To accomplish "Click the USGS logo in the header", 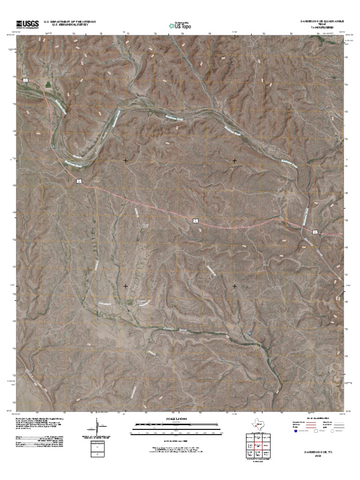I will [28, 24].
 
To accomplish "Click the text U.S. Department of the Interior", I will [70, 22].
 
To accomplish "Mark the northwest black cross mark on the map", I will [126, 161].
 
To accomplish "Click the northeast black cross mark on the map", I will [234, 161].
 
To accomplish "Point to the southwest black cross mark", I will [126, 285].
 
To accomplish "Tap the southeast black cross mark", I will [234, 285].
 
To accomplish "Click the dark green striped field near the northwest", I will [47, 84].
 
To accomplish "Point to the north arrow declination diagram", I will [98, 427].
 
